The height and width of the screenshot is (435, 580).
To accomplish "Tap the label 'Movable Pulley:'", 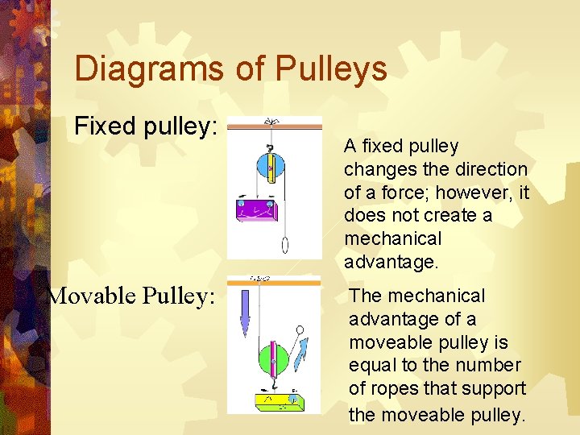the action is coord(131,296).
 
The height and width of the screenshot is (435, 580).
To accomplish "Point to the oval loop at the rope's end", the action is coord(286,244).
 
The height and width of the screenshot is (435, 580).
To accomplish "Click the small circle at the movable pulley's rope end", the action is coord(300,329).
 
